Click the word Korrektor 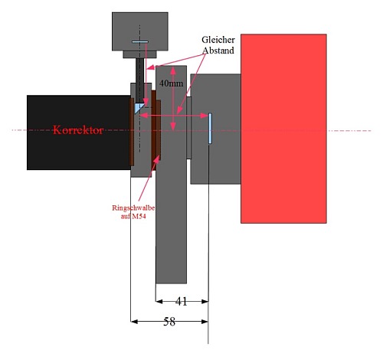click(x=78, y=130)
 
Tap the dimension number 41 click(x=182, y=302)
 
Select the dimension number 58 click(x=169, y=322)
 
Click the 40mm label click(x=171, y=83)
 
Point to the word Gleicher click(x=218, y=40)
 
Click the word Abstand click(x=218, y=51)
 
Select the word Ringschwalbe click(x=133, y=208)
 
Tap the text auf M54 click(x=133, y=216)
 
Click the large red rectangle click(x=283, y=129)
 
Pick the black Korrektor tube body click(x=79, y=133)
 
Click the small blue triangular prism click(x=138, y=108)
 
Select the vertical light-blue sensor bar click(x=210, y=129)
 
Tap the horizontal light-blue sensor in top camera click(x=140, y=41)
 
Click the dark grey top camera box click(x=140, y=31)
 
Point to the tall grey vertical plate click(x=172, y=175)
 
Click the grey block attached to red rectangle click(x=215, y=129)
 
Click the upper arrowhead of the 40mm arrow click(x=173, y=70)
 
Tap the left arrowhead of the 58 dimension click(x=134, y=322)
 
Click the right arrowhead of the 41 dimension click(x=205, y=302)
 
